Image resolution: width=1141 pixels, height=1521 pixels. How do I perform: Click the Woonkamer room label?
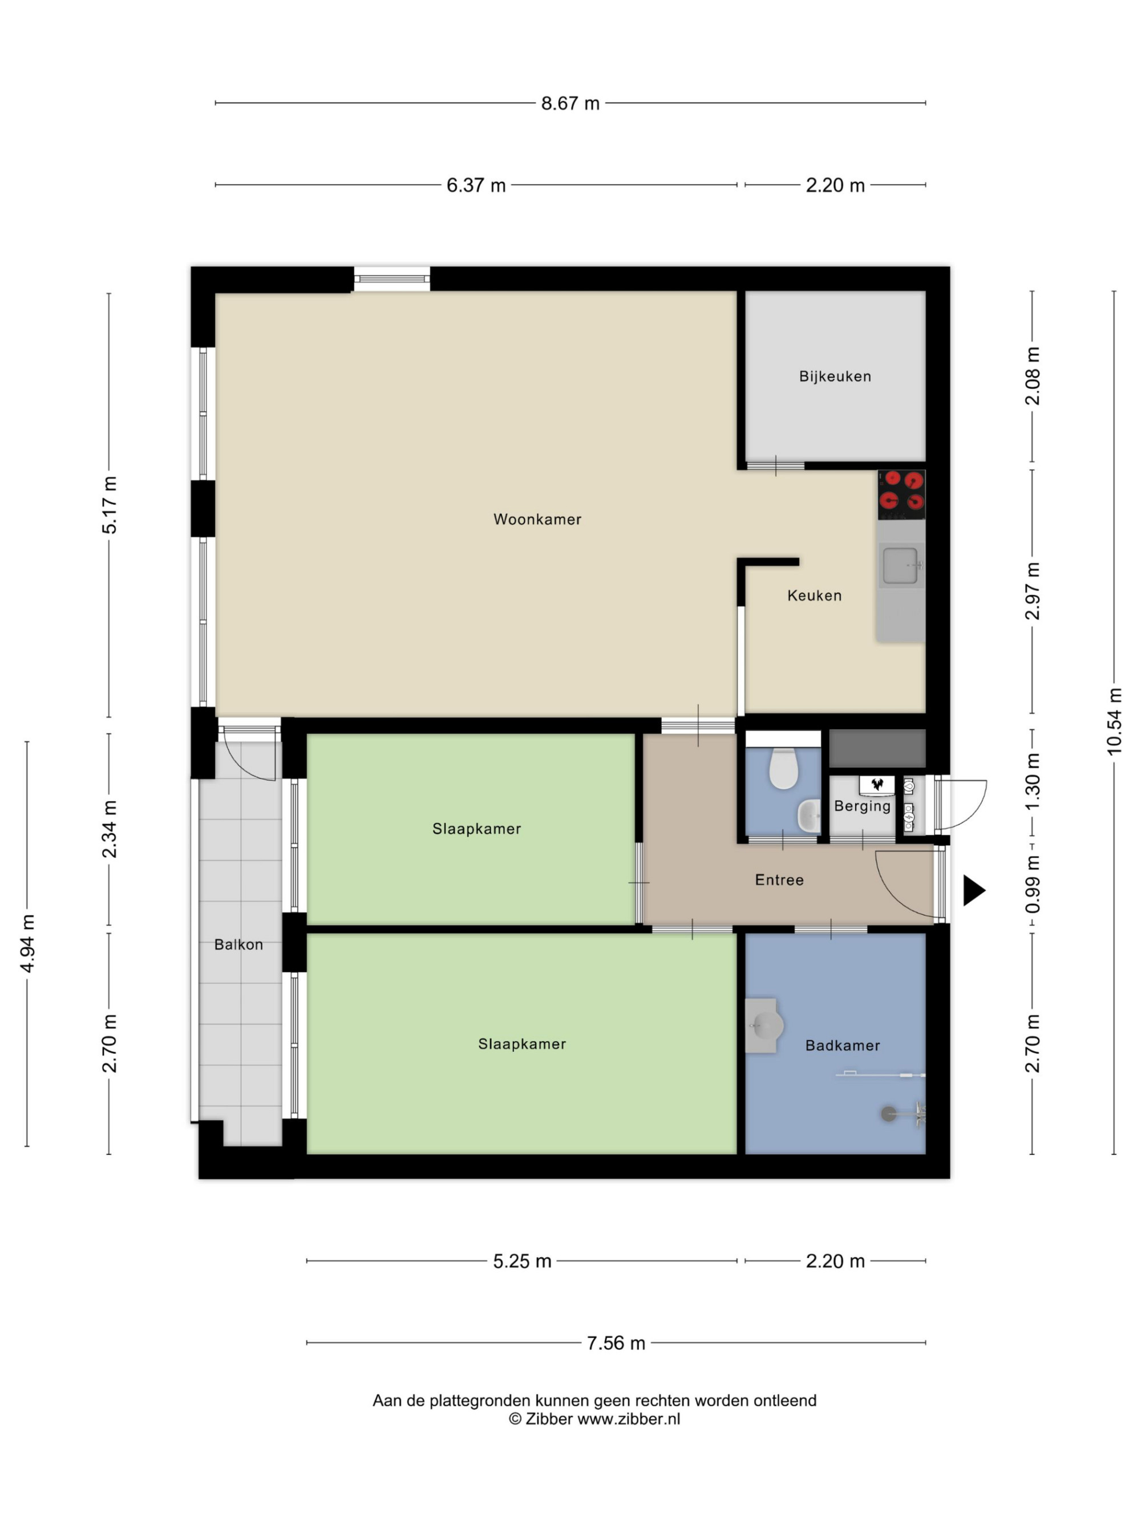click(537, 519)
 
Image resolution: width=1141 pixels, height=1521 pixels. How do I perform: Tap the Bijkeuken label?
click(835, 376)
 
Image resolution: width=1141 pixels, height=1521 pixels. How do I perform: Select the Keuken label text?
click(814, 595)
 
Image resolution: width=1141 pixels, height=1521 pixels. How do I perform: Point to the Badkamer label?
click(843, 1045)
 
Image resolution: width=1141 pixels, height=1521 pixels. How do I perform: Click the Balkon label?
click(238, 944)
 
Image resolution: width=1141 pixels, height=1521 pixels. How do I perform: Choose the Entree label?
click(779, 879)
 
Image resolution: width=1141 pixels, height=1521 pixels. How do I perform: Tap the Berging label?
click(863, 806)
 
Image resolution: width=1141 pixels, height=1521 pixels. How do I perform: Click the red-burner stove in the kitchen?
click(901, 494)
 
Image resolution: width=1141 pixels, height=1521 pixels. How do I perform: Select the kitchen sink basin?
click(900, 565)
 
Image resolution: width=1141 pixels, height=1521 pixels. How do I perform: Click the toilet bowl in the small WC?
click(783, 768)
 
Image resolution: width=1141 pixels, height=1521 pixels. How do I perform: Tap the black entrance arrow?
click(973, 890)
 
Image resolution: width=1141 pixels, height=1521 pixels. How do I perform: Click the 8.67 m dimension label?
click(570, 103)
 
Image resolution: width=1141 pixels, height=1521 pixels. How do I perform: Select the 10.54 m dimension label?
click(1114, 721)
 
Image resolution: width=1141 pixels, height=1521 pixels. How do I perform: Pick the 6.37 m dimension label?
click(476, 185)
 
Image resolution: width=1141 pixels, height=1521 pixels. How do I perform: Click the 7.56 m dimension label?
click(616, 1343)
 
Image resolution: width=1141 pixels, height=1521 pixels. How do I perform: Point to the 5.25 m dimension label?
click(522, 1261)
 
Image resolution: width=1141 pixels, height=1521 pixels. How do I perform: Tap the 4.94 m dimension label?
click(27, 943)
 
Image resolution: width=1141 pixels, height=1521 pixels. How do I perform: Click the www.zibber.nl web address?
click(628, 1418)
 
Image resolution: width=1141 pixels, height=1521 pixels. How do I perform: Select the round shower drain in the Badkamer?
click(889, 1113)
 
